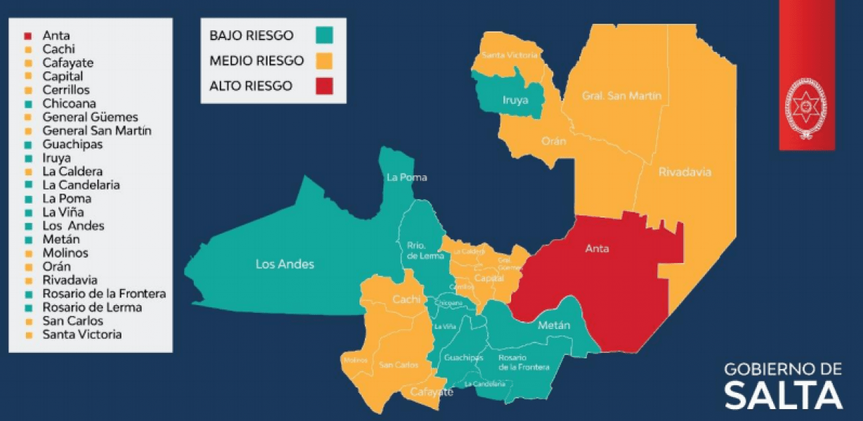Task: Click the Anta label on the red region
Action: coord(598,248)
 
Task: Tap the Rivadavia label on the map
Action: coord(685,172)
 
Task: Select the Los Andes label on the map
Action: coord(284,265)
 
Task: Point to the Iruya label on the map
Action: coord(515,100)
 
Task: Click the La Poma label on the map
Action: coord(406,178)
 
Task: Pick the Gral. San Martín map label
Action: coord(621,96)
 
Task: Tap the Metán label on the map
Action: coord(553,325)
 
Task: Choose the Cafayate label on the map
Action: coord(431,392)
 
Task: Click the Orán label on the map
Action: coord(554,141)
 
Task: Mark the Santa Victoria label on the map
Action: coord(510,54)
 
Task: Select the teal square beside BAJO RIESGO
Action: coord(324,35)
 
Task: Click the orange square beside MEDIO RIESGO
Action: coord(324,60)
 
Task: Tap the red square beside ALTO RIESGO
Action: coord(324,86)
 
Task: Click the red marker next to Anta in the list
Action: coord(27,36)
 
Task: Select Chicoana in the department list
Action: coord(69,104)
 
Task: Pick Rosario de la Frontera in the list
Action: coord(104,294)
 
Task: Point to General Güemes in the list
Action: coord(90,117)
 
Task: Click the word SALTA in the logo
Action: coord(783,395)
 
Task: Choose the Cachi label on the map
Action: coord(407,300)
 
